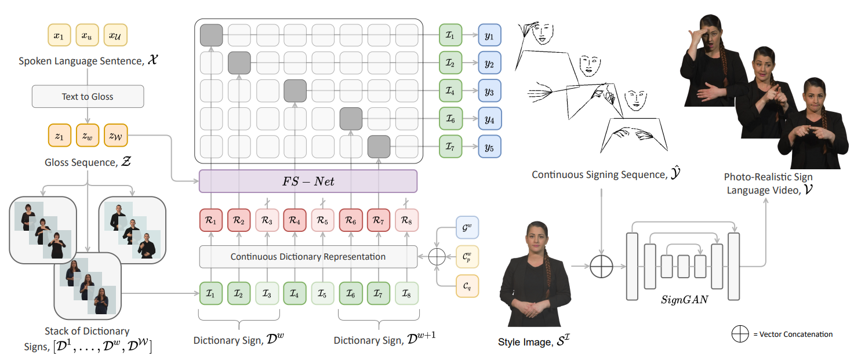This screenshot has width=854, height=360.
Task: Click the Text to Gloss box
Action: click(88, 97)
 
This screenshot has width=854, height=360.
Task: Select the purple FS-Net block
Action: click(308, 181)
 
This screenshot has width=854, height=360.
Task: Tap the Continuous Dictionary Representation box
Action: click(308, 256)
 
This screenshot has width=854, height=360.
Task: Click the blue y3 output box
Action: click(489, 92)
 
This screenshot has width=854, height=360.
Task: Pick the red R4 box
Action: click(295, 221)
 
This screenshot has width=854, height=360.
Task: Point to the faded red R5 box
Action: click(322, 221)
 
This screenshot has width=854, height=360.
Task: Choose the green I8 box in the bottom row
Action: click(406, 293)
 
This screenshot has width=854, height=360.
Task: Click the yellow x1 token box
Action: click(59, 35)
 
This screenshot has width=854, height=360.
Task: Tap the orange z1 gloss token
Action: click(59, 136)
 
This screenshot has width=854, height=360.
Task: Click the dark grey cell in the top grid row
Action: click(211, 35)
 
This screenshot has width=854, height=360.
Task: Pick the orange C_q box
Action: click(467, 286)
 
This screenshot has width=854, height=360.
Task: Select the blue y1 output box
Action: click(489, 35)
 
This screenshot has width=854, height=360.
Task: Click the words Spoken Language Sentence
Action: click(74, 61)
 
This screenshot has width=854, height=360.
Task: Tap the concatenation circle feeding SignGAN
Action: click(601, 267)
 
